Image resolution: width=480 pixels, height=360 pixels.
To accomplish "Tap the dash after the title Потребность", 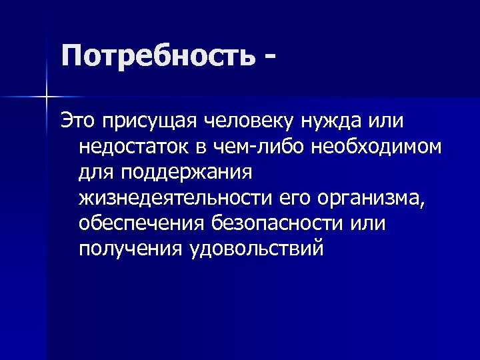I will tap(268, 57).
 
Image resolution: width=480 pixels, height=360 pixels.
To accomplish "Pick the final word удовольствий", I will tap(257, 249).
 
